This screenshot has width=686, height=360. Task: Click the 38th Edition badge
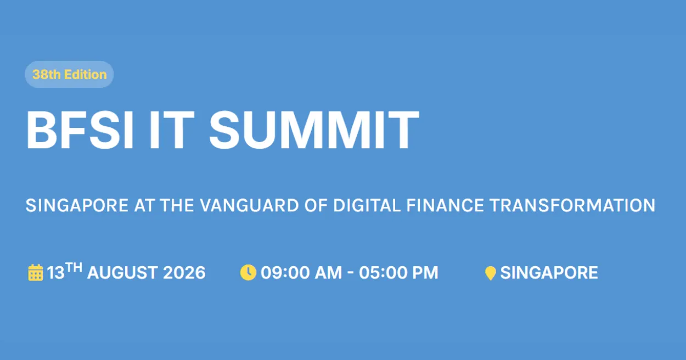[x=69, y=75]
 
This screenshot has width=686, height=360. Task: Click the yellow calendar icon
[x=36, y=273]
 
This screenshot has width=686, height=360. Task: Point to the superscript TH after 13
[x=74, y=268]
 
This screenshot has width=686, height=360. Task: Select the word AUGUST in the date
[x=122, y=273]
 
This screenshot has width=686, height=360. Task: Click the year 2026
[x=184, y=273]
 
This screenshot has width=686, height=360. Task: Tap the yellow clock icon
[x=248, y=272]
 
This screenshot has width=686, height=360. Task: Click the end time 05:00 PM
[x=399, y=273]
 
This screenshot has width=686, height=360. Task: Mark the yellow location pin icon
[x=491, y=273]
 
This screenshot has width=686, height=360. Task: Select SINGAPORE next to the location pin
[x=549, y=273]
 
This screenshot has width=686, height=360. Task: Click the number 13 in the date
[x=55, y=273]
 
